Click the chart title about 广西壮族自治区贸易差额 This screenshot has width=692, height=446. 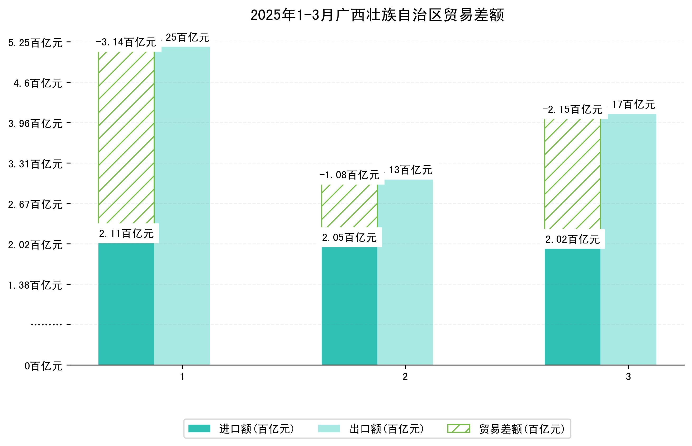coord(377,15)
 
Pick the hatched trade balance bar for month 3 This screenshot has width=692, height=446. coord(572,174)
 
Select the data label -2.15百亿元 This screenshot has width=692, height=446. coord(572,110)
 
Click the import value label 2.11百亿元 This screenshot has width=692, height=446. coord(126,234)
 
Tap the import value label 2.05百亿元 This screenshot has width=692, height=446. coord(349,238)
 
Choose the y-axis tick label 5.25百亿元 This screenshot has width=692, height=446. coord(35,43)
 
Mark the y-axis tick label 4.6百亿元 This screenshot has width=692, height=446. coord(38,83)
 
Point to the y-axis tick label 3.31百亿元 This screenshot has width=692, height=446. coord(35,164)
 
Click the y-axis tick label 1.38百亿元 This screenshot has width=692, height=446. coord(35,285)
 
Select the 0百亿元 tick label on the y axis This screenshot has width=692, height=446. coord(43,366)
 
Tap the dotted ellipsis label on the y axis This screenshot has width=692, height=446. coord(46,325)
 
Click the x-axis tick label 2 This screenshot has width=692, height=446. coord(405,377)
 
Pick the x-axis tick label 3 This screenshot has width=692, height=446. coord(628,377)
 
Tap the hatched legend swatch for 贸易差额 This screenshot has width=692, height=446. coord(458,429)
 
